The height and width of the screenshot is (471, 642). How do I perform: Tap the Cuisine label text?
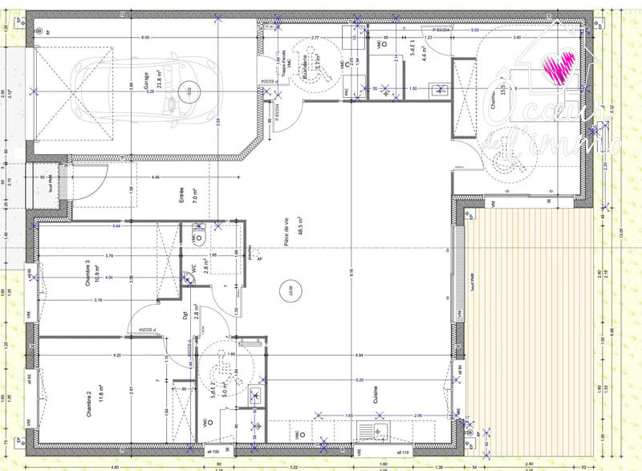pyautogui.click(x=375, y=396)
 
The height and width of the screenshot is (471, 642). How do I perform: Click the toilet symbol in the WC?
pyautogui.click(x=199, y=237)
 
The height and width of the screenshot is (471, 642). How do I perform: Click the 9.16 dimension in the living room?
pyautogui.click(x=351, y=273)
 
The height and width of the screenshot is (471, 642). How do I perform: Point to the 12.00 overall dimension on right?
pyautogui.click(x=620, y=233)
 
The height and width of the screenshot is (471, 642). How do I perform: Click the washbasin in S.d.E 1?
pyautogui.click(x=439, y=91)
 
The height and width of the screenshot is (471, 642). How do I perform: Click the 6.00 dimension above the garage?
pyautogui.click(x=145, y=39)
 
